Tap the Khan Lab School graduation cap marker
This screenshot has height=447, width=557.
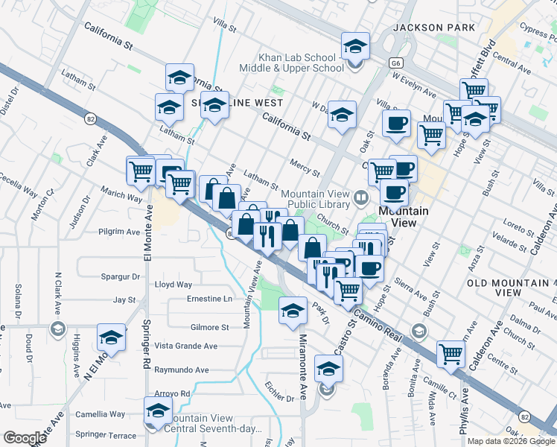tap(355, 47)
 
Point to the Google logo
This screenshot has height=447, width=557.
tap(25, 438)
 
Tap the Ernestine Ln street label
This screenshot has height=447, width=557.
tap(209, 299)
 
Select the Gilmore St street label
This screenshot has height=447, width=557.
tap(209, 327)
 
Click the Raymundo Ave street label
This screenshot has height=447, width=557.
tap(181, 370)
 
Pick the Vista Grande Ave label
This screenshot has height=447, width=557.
tap(185, 346)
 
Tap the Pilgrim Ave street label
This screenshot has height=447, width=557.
tap(119, 232)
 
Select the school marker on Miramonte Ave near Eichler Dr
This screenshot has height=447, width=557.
tap(328, 368)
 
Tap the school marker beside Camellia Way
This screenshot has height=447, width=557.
tap(158, 410)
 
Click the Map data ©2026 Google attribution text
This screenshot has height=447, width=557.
tap(511, 441)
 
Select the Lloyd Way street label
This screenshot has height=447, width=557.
tap(173, 285)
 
